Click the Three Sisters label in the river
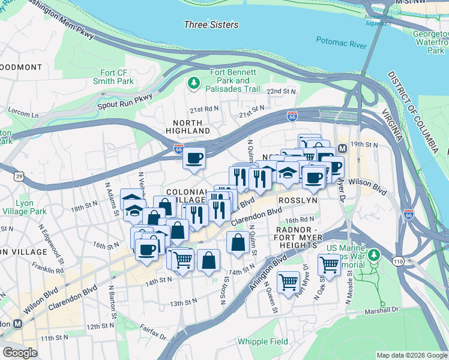211,25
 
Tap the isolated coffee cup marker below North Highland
194,159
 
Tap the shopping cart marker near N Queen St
289,281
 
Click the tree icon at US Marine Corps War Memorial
374,254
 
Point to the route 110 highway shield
399,261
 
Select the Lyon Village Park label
31,208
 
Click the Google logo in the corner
20,353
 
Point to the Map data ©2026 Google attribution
411,355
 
